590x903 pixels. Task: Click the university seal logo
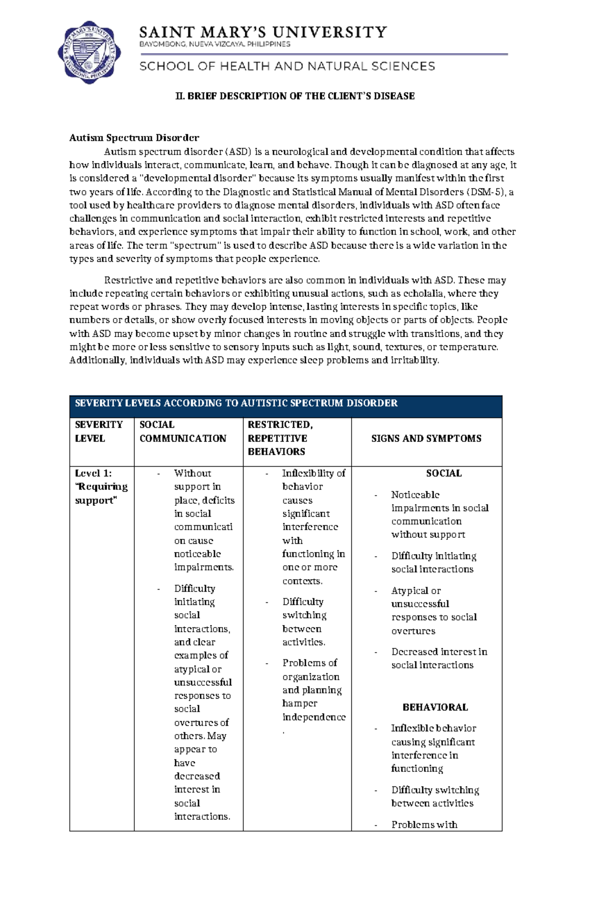tap(89, 52)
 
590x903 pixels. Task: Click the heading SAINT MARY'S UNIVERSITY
tap(263, 32)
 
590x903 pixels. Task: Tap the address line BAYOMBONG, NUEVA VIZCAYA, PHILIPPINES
tap(215, 44)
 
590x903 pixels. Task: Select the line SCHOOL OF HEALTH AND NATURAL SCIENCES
tap(287, 66)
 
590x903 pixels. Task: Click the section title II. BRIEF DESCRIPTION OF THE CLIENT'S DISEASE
tap(295, 96)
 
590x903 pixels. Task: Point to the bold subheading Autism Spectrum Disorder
tap(134, 138)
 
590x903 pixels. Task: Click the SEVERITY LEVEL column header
tap(99, 432)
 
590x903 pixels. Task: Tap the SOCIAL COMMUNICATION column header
tap(182, 432)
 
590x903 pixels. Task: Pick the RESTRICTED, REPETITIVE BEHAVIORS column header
tap(280, 438)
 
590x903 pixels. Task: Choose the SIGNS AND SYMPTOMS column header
tap(426, 438)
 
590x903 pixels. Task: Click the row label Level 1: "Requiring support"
tap(101, 487)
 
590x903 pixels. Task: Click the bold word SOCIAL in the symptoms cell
tap(443, 473)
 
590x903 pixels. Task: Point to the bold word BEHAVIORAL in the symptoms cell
tap(435, 707)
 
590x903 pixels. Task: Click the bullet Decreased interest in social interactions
tap(439, 658)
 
